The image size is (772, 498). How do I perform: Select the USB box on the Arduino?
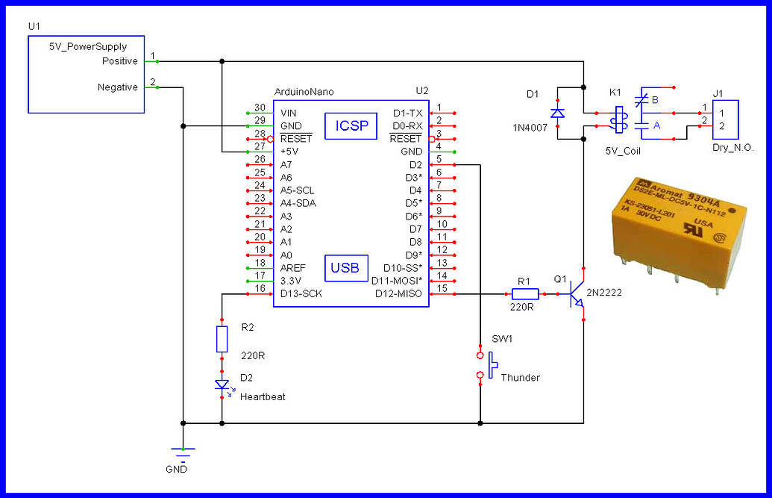(345, 267)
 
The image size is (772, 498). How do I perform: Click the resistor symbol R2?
(222, 338)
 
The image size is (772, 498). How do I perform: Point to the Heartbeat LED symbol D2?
(222, 385)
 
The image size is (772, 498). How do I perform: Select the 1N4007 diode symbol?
(556, 113)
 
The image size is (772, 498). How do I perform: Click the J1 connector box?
(724, 119)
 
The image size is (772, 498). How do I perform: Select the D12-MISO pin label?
(398, 294)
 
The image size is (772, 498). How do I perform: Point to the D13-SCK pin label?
(301, 294)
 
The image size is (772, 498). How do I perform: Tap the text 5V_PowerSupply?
(88, 46)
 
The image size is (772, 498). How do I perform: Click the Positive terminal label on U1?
(119, 60)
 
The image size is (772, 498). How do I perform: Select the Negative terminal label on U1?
(118, 87)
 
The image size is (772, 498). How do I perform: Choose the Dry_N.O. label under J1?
(733, 149)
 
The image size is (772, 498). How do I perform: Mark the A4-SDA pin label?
(298, 203)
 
